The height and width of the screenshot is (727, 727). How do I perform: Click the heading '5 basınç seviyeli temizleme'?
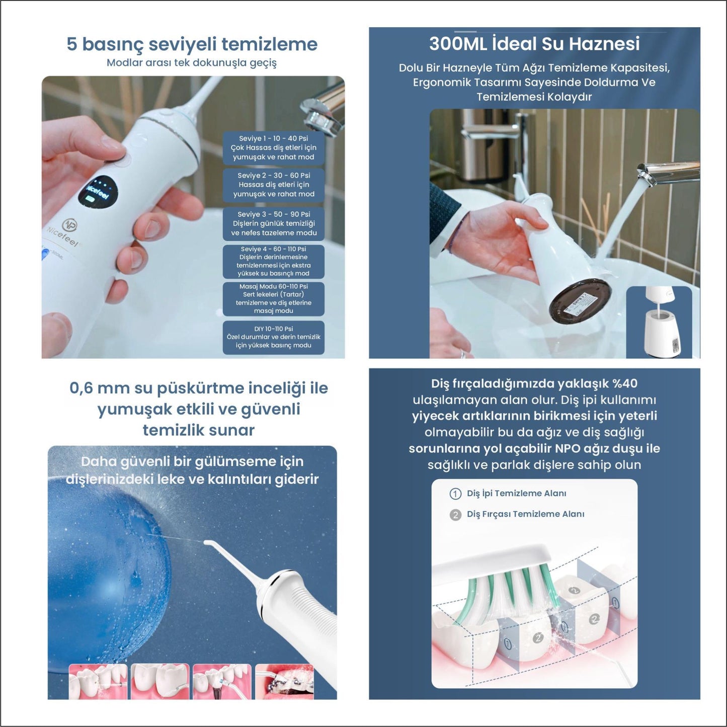click(x=192, y=44)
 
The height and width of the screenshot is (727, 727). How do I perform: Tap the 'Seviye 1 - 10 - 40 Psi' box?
click(x=274, y=148)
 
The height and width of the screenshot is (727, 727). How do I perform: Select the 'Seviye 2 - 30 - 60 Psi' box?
click(x=274, y=185)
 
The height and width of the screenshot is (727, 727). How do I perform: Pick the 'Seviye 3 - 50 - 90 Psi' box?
click(x=274, y=224)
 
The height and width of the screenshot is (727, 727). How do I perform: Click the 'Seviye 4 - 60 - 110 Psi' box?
click(x=274, y=262)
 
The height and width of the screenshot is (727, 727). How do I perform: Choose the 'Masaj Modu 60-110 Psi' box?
click(x=274, y=299)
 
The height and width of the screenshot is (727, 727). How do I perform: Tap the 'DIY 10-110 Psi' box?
click(x=274, y=337)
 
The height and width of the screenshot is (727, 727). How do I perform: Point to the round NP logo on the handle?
click(x=69, y=225)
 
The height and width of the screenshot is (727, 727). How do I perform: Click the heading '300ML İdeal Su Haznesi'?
click(x=534, y=44)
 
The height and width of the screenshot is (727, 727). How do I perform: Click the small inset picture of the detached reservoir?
click(x=659, y=322)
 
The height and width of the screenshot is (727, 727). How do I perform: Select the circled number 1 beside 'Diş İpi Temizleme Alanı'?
click(x=455, y=494)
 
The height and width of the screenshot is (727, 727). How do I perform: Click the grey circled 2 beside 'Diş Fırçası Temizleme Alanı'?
click(x=455, y=515)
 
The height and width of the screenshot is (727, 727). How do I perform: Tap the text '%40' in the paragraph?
click(x=625, y=383)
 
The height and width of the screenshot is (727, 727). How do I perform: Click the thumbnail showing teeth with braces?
click(x=284, y=682)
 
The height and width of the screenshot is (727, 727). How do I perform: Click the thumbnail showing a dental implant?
click(x=222, y=682)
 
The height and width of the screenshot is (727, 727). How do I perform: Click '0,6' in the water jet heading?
click(x=81, y=388)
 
